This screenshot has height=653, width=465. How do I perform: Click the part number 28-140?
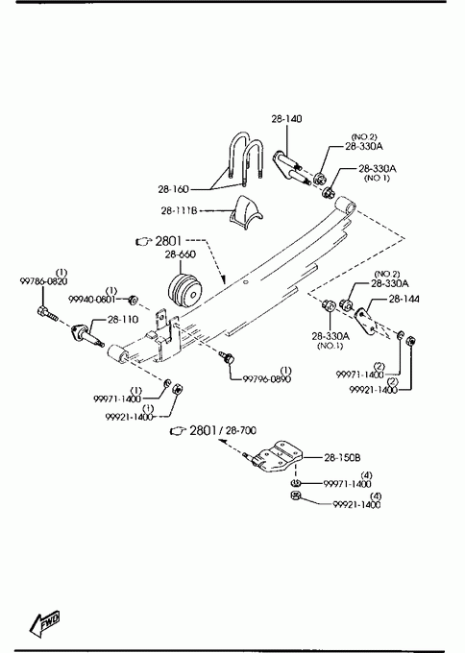286,119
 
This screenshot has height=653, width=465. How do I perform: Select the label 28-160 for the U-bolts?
173,189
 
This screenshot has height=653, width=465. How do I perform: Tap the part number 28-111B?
179,210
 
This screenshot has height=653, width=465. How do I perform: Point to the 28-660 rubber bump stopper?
185,290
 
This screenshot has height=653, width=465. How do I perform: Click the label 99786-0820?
43,281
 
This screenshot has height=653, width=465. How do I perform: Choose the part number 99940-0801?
91,299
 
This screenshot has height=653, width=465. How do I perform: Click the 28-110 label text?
123,320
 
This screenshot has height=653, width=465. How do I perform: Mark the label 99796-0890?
267,379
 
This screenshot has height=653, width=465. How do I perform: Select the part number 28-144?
404,299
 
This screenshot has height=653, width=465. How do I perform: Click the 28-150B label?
342,457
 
